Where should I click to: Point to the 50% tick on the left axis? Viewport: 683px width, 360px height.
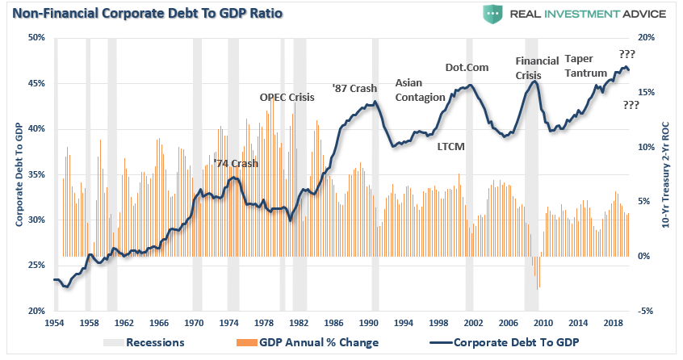36,38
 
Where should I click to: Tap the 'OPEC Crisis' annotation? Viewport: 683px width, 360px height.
287,97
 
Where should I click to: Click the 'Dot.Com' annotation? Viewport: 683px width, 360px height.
467,67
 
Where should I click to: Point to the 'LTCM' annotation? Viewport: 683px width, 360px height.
450,147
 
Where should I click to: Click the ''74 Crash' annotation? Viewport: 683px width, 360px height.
236,164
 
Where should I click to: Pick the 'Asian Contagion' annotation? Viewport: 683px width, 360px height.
420,90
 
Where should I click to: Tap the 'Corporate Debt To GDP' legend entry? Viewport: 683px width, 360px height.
517,342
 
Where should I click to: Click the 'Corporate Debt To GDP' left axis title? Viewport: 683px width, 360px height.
18,174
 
